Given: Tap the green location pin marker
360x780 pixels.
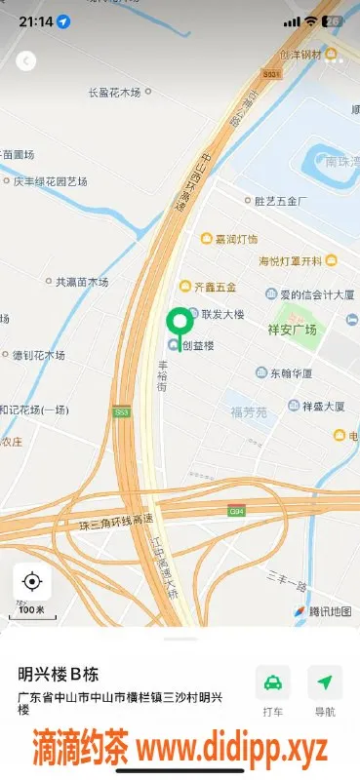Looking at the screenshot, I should click(179, 322).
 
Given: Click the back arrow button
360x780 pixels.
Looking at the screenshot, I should click(26, 60).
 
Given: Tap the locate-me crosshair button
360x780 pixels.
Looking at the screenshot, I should click(31, 582).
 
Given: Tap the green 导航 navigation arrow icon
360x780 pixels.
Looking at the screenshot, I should click(324, 682).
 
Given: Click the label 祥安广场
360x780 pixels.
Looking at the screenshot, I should click(293, 330).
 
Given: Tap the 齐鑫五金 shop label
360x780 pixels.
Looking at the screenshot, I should click(216, 287).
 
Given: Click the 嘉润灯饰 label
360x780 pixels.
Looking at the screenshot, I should click(236, 239).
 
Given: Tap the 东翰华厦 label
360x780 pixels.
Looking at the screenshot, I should click(291, 373).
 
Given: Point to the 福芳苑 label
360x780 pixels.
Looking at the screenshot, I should click(248, 412).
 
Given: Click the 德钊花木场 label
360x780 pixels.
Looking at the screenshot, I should click(38, 356).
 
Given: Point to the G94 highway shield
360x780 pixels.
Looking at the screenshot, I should click(236, 510).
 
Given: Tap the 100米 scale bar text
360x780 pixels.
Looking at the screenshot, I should click(32, 609).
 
